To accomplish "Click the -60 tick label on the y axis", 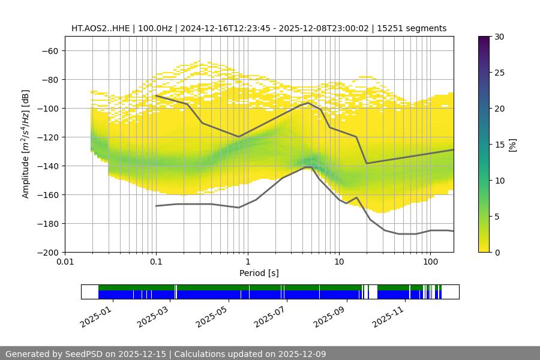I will pos(49,50).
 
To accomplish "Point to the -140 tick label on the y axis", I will pos(47,166).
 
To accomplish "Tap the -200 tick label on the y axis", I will pos(47,252).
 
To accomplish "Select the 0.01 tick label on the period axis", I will pos(65,262).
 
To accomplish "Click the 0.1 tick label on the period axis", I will pos(156,262).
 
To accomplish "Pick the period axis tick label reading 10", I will pos(339,262).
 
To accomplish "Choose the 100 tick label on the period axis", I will pos(430,262).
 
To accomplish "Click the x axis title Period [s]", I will pos(259,273).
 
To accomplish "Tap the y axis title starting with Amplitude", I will pos(26,144).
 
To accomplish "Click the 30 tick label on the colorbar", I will pos(500,37).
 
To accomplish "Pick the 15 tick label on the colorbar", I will pos(500,145).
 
